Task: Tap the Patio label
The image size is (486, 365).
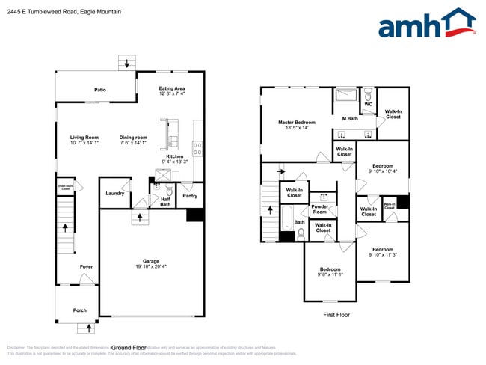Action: coord(99,90)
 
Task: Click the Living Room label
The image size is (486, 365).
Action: coord(84,138)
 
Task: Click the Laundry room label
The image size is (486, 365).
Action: coord(114,193)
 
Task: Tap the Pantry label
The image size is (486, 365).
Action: coord(190,196)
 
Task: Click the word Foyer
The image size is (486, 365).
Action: coord(87,266)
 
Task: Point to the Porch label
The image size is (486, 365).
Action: coord(79,310)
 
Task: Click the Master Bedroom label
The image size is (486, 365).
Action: coord(296,123)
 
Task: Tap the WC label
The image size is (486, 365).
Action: coord(368,104)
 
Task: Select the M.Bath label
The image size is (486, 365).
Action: coord(349,119)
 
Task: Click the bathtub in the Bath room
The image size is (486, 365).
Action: coord(286,219)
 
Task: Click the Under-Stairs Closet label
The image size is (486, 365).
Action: coord(65,189)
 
